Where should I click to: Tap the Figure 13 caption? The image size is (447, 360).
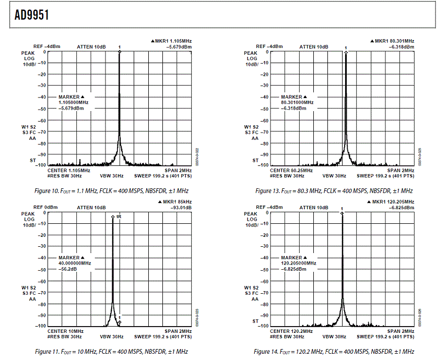tap(334, 191)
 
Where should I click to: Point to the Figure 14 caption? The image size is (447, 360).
tap(334, 352)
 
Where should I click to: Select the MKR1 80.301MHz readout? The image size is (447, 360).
tap(392, 41)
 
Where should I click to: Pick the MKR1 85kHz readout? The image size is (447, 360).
tap(174, 201)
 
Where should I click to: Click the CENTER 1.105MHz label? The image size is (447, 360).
tap(69, 171)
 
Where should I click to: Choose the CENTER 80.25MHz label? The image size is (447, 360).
tap(291, 171)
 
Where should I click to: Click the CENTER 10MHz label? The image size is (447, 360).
tap(65, 331)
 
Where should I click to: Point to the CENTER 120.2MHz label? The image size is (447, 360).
tap(291, 331)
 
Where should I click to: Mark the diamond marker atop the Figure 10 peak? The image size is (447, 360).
tap(120, 52)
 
